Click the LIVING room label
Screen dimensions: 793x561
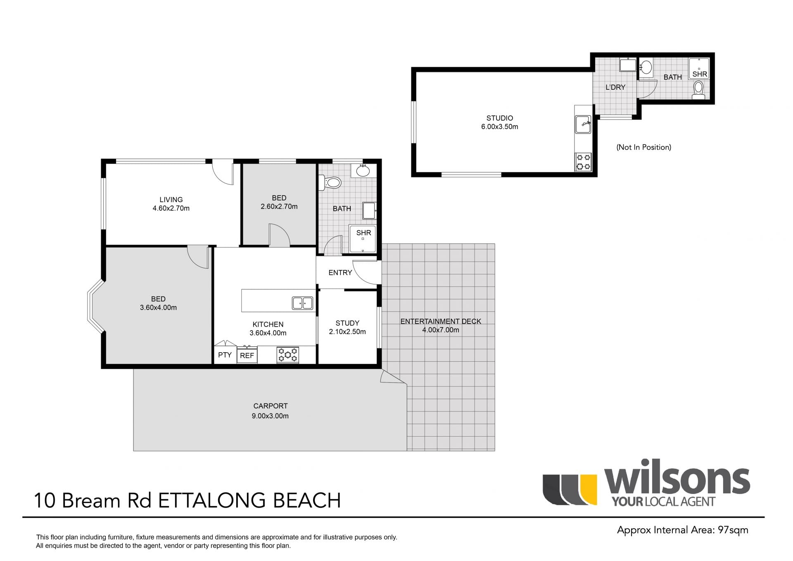tap(171, 200)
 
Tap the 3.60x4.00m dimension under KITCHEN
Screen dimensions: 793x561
tap(268, 333)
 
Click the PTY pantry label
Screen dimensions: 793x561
tap(225, 355)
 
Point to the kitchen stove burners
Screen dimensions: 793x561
tap(287, 355)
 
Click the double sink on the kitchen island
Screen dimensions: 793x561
tap(302, 303)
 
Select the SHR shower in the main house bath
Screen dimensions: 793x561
tap(363, 239)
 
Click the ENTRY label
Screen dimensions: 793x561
tap(340, 272)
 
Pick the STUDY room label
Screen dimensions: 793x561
tap(347, 323)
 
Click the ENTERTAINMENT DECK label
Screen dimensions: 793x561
tap(441, 321)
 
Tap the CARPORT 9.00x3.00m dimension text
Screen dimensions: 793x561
tap(270, 416)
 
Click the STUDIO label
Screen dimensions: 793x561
tap(499, 118)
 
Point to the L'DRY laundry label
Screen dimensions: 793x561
tap(615, 87)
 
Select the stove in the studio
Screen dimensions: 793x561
tap(584, 162)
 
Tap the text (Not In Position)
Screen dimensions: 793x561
tap(643, 147)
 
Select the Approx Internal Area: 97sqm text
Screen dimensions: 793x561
tap(682, 530)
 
